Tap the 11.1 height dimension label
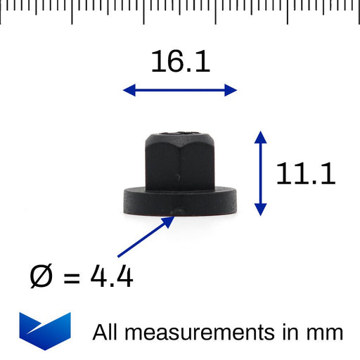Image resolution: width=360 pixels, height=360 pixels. click(305, 174)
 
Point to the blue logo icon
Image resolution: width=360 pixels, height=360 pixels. click(45, 330)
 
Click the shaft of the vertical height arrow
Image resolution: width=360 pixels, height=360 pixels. click(261, 172)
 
